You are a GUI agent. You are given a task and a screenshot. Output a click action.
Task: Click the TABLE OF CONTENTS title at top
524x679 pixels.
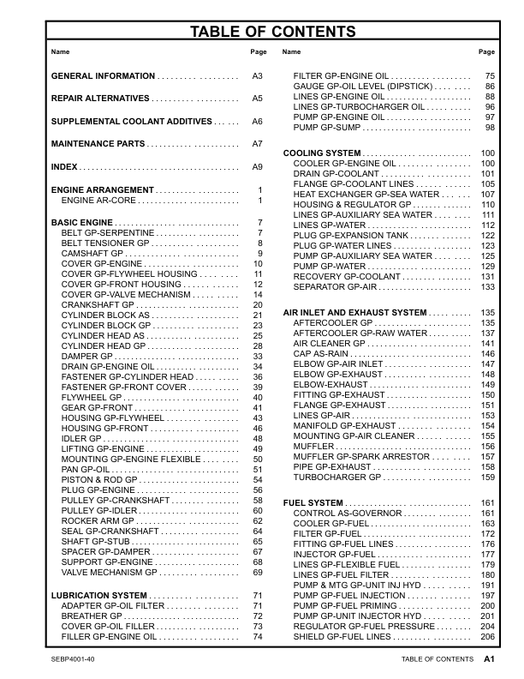[x=261, y=33]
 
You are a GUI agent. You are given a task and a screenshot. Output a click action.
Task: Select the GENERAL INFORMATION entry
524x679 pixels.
[x=104, y=77]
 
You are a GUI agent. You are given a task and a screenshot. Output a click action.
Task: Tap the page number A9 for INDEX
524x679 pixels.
[x=256, y=166]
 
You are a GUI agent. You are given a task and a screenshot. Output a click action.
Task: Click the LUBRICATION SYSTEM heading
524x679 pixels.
[x=99, y=595]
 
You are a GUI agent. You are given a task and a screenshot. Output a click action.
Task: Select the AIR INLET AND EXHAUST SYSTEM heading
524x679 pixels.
[x=354, y=312]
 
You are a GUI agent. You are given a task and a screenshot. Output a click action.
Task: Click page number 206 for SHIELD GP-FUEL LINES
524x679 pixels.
[x=487, y=636]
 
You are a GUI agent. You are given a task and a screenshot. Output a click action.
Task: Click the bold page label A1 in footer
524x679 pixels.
[x=489, y=659]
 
